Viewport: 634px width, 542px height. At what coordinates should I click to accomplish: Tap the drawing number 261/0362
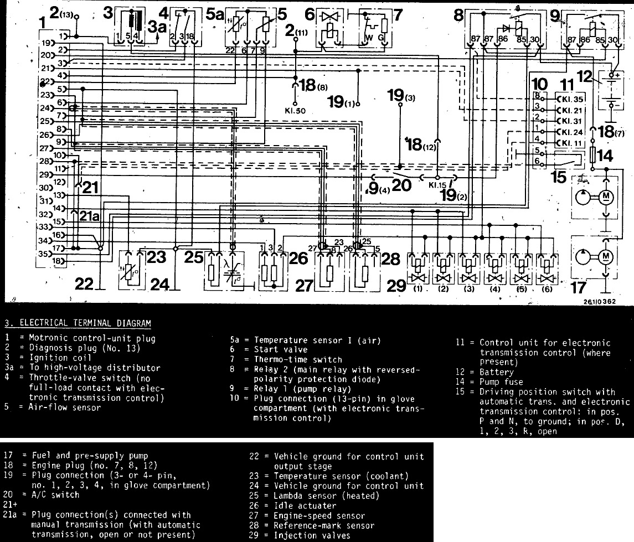(597, 302)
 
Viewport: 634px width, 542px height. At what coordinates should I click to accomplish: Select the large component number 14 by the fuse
(605, 156)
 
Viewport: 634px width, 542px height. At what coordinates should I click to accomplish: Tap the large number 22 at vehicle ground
(84, 283)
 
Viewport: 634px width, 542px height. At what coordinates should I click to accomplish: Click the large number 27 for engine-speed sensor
(303, 285)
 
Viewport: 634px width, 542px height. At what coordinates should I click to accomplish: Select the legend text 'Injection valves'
(312, 535)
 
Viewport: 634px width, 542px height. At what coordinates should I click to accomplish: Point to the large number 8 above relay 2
(458, 15)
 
